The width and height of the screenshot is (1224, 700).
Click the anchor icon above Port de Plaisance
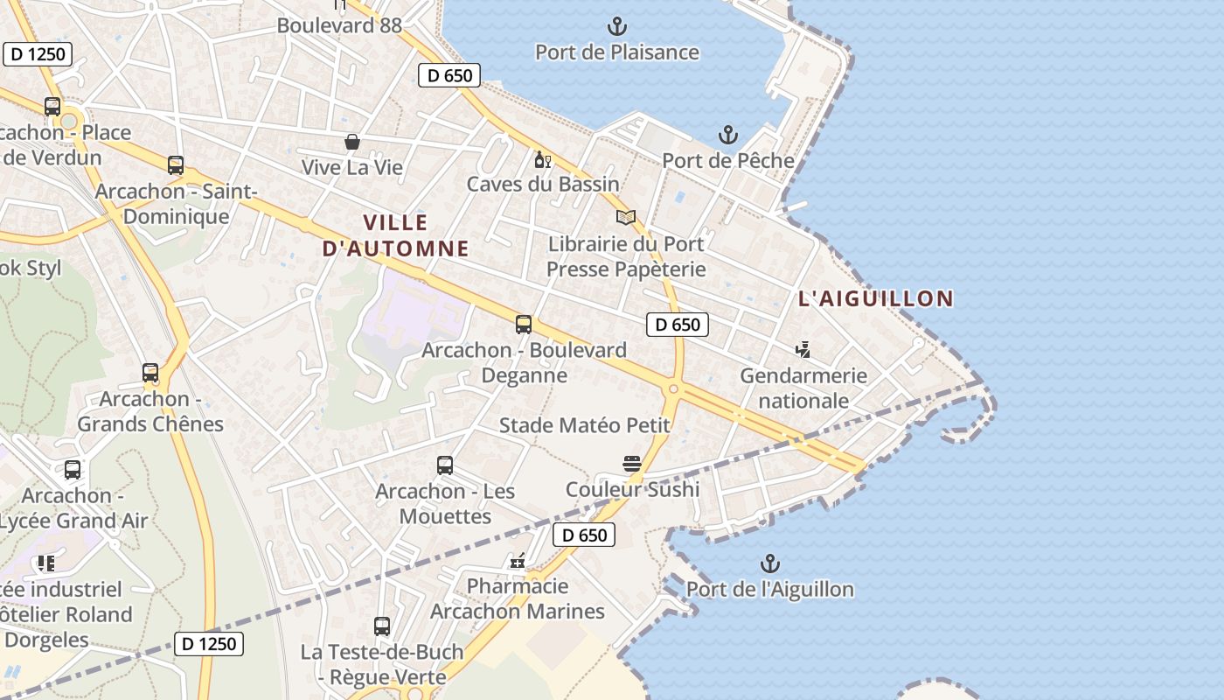click(x=617, y=26)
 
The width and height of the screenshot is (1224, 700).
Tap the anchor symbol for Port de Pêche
click(x=727, y=136)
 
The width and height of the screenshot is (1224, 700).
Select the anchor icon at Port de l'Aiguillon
click(x=769, y=563)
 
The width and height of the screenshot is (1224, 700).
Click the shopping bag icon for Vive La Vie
click(x=351, y=142)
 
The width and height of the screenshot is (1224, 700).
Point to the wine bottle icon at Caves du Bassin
click(x=542, y=160)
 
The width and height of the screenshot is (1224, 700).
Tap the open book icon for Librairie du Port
click(x=625, y=218)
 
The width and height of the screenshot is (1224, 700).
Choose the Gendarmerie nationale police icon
click(x=803, y=351)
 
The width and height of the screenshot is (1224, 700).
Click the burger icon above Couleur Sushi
click(x=632, y=463)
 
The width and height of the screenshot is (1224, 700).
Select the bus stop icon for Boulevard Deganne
click(x=523, y=325)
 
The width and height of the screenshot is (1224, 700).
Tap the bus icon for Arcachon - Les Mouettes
click(x=445, y=465)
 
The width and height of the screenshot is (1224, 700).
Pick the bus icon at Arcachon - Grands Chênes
click(x=150, y=374)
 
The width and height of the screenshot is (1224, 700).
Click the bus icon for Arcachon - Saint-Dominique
click(x=176, y=165)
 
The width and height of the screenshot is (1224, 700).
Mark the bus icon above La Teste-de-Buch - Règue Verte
click(x=381, y=626)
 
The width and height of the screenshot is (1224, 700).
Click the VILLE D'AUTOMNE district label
click(x=395, y=235)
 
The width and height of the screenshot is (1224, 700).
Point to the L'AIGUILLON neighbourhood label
click(x=875, y=298)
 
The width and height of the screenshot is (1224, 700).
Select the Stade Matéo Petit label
click(x=584, y=425)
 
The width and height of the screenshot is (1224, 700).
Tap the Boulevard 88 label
click(x=339, y=25)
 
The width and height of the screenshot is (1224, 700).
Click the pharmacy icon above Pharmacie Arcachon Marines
click(x=518, y=561)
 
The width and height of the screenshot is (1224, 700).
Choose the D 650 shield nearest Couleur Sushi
click(x=584, y=535)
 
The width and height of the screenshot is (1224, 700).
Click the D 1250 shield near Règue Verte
click(x=208, y=644)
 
